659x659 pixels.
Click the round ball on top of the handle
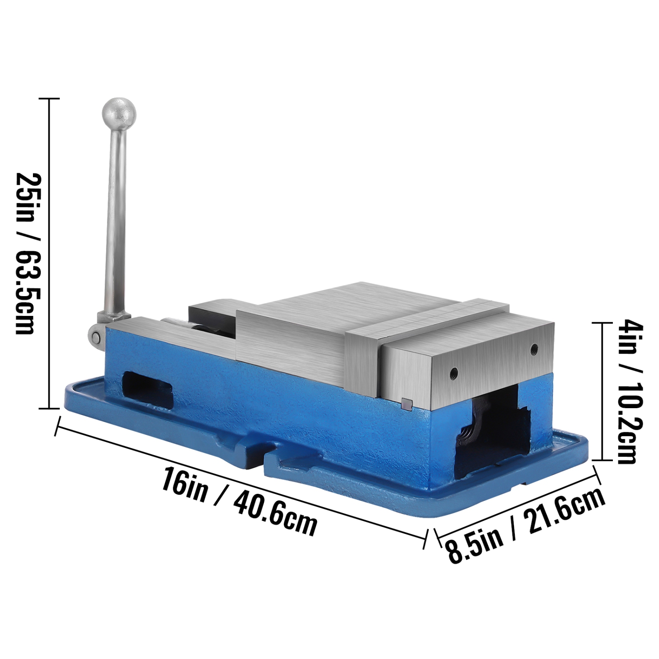[119, 114]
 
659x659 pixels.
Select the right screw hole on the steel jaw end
[534, 349]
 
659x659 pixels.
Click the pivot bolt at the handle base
[95, 337]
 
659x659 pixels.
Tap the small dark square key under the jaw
[406, 403]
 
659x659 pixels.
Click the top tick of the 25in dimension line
[49, 99]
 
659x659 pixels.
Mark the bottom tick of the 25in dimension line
[49, 409]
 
